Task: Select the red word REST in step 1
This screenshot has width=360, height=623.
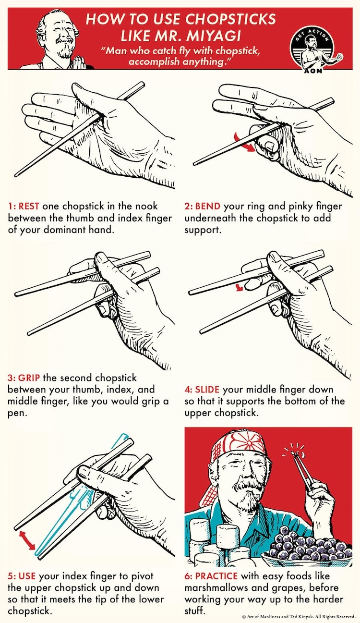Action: pos(29,207)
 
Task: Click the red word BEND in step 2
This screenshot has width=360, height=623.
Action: pos(208,207)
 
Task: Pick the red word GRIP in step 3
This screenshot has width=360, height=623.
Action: pos(29,378)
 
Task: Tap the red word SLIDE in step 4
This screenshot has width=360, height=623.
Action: pos(207,390)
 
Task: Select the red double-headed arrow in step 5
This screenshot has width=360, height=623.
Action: pos(27,540)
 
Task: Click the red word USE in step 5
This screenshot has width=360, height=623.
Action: pos(27,576)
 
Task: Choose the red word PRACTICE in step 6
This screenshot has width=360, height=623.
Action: pos(216,576)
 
